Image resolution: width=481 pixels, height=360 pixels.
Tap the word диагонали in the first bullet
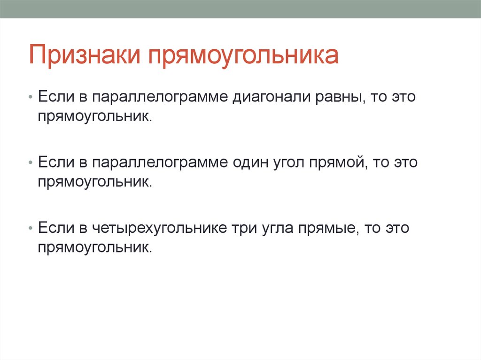268,97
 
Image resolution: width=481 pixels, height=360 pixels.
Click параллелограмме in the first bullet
159,97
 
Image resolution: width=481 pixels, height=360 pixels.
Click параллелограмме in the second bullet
159,163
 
